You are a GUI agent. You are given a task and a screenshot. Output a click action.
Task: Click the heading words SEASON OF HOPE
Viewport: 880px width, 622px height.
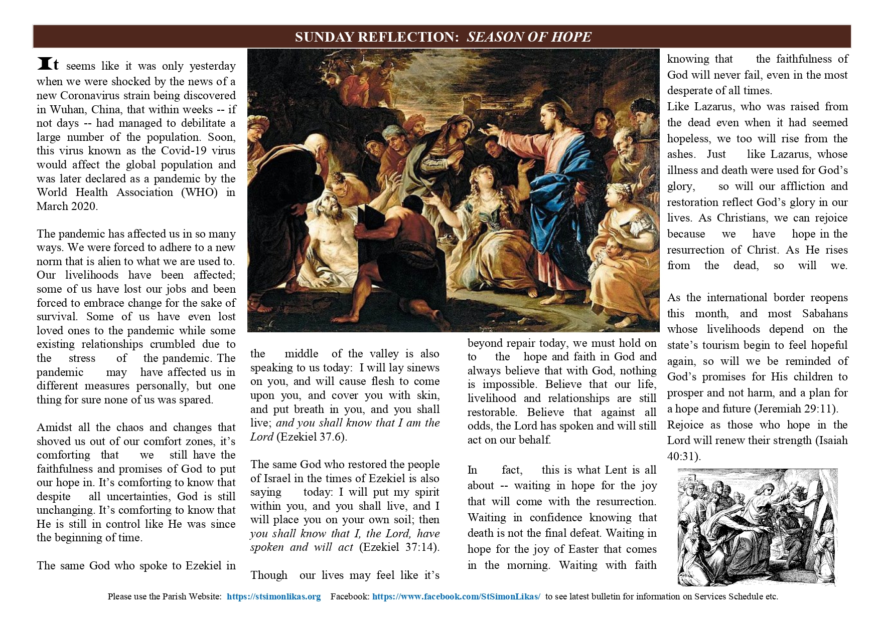pos(529,37)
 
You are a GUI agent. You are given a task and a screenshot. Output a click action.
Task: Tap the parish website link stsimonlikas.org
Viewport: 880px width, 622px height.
pos(273,596)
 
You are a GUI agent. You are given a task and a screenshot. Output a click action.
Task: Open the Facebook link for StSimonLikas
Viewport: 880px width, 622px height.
pos(456,596)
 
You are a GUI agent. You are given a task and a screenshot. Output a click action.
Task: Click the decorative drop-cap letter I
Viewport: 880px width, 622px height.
pos(45,65)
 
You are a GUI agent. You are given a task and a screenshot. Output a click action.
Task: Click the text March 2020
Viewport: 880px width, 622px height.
pos(67,206)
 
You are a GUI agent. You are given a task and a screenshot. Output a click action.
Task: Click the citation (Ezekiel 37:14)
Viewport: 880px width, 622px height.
pos(399,547)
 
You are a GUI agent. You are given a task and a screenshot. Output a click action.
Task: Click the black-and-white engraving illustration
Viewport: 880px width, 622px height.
pos(757,527)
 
